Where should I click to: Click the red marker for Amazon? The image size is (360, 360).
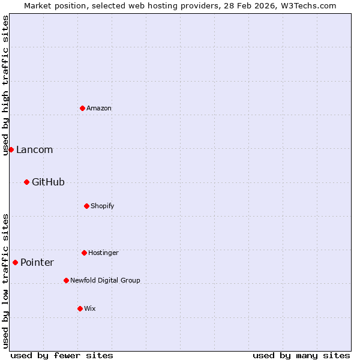tap(82, 108)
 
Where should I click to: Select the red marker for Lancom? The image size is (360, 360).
tap(11, 149)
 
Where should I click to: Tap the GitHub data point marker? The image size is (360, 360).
tap(26, 182)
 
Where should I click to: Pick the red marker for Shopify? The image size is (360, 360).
tap(86, 206)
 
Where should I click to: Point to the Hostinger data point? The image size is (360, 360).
tap(84, 253)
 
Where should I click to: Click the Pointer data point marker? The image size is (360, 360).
tap(15, 262)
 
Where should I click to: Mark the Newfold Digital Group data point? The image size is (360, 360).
tap(66, 280)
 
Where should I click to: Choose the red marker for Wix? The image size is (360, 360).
tap(80, 308)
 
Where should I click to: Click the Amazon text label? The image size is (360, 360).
tap(99, 108)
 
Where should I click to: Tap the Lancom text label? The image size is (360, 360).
tap(34, 150)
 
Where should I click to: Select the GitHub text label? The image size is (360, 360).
tap(48, 182)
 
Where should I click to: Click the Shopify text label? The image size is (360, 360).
tap(103, 206)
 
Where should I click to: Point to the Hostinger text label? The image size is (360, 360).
tap(103, 253)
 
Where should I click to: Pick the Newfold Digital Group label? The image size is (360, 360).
tap(105, 280)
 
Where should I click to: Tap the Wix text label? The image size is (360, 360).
tap(90, 308)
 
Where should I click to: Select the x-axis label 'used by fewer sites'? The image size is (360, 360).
tap(62, 355)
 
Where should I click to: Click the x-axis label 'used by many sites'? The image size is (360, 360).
tap(301, 355)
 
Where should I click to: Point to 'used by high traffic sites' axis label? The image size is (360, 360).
tap(5, 85)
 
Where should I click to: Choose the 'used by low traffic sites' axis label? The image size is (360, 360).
tap(5, 281)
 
